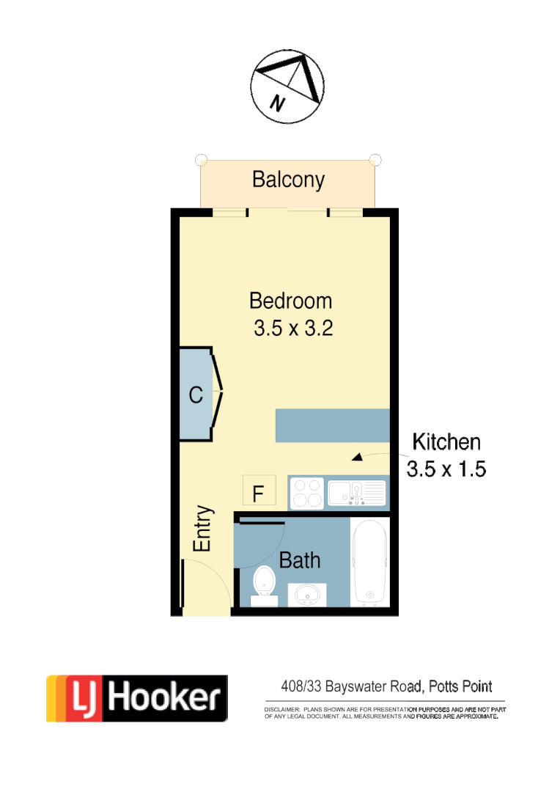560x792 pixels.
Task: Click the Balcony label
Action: pos(288,180)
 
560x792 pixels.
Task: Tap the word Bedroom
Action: pos(290,301)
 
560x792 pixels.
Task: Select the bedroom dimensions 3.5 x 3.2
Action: pos(293,329)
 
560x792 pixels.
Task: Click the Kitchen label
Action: pos(446,442)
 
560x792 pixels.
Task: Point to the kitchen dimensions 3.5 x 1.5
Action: pos(446,469)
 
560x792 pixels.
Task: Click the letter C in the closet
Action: pos(196,396)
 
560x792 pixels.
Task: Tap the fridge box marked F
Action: pos(258,492)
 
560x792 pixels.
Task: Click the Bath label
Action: pos(300,561)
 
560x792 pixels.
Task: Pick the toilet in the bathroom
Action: pos(264,586)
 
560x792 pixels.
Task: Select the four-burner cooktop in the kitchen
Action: pos(307,492)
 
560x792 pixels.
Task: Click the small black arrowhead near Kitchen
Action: pos(357,458)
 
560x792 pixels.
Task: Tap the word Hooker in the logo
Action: pos(165,698)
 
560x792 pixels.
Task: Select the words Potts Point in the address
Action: pos(460,687)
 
